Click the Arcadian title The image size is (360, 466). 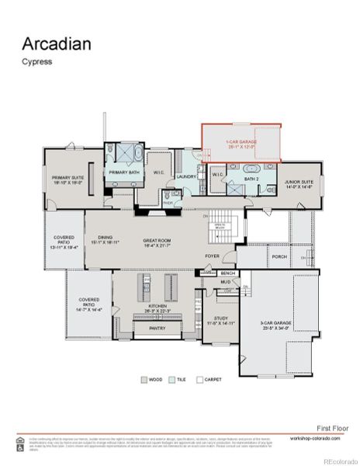tap(56, 43)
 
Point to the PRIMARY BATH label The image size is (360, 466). tap(123, 172)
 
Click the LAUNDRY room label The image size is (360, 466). tap(186, 176)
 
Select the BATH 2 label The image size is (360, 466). tap(251, 179)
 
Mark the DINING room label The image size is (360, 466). tap(105, 239)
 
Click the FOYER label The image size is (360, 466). tap(212, 256)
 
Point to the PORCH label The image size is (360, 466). tap(279, 256)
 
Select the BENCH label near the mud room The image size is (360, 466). tap(227, 273)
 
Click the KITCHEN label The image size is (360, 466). tap(158, 308)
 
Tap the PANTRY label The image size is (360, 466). tap(157, 329)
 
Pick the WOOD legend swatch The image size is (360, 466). tap(144, 380)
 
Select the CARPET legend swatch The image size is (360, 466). tap(199, 380)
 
